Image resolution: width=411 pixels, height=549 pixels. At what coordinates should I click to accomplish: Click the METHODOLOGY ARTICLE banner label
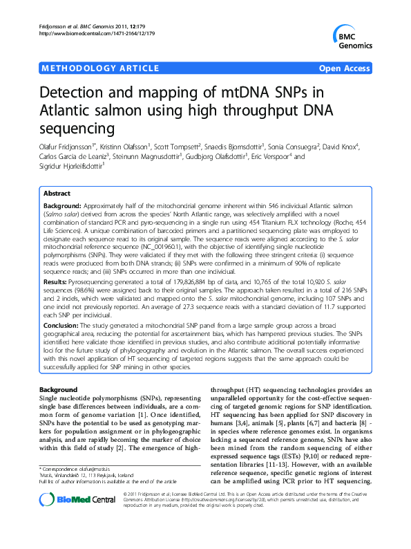85,69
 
